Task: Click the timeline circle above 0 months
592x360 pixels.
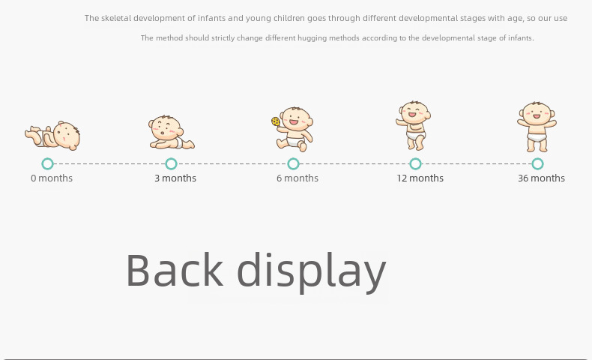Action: [47, 160]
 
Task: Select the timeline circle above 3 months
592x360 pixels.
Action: [171, 160]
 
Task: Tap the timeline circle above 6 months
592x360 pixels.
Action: [293, 160]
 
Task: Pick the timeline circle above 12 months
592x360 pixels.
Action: [415, 160]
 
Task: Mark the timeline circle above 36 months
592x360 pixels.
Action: [537, 160]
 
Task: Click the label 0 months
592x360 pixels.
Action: [52, 178]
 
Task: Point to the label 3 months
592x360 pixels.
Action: [175, 178]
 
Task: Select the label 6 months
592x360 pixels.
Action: [297, 178]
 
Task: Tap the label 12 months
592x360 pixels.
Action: [420, 178]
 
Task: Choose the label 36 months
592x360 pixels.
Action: [541, 178]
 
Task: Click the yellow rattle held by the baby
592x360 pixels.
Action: [276, 121]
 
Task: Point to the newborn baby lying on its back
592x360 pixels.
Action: [52, 136]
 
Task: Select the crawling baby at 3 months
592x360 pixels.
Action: [172, 132]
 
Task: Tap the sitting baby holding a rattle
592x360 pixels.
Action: [293, 130]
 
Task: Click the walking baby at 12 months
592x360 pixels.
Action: [414, 126]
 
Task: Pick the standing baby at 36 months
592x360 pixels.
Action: [537, 127]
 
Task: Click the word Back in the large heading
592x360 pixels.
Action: [175, 270]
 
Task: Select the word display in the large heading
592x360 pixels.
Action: [312, 272]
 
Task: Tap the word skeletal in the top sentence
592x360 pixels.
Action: [116, 18]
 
